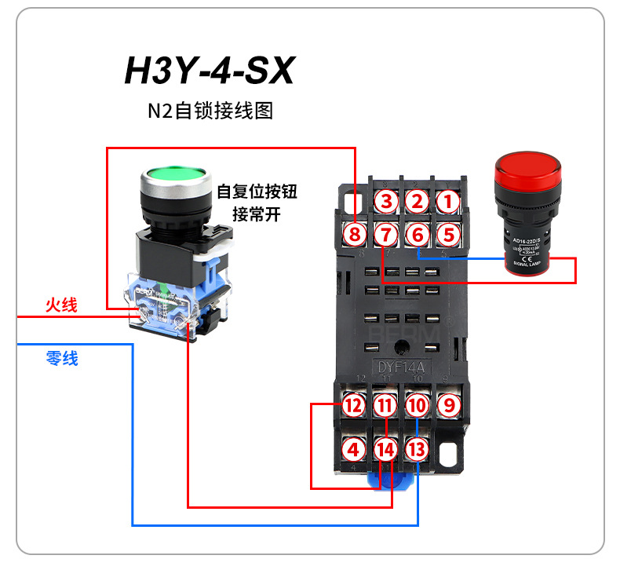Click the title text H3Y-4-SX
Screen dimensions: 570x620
(x=209, y=71)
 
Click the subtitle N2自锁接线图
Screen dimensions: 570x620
(x=210, y=111)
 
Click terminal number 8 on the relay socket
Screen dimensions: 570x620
(x=354, y=233)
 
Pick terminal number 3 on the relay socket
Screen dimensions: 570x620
(x=385, y=201)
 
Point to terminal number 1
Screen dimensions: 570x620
(x=447, y=201)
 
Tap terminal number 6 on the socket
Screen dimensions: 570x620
(x=417, y=233)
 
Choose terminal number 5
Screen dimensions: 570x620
(x=447, y=233)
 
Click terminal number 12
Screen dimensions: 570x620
(x=354, y=406)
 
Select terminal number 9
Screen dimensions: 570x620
(x=447, y=406)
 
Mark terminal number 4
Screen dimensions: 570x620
(x=354, y=450)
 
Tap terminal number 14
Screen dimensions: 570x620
(x=385, y=450)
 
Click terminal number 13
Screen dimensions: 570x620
(x=417, y=450)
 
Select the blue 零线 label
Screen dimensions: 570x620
(x=61, y=359)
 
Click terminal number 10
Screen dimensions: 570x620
(x=417, y=406)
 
